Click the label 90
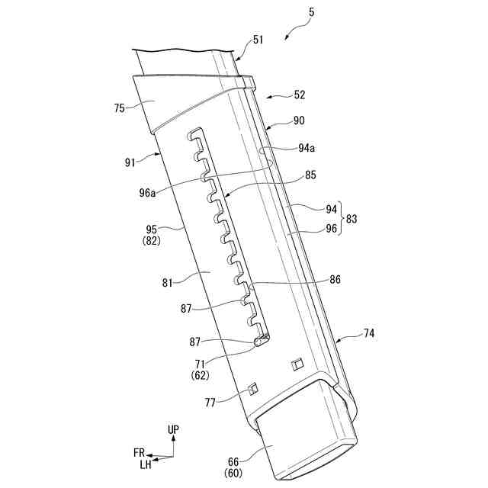pyautogui.click(x=298, y=120)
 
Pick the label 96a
pyautogui.click(x=148, y=193)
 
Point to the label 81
pyautogui.click(x=169, y=282)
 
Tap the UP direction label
pyautogui.click(x=174, y=430)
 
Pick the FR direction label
pyautogui.click(x=139, y=453)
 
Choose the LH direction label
pyautogui.click(x=145, y=464)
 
